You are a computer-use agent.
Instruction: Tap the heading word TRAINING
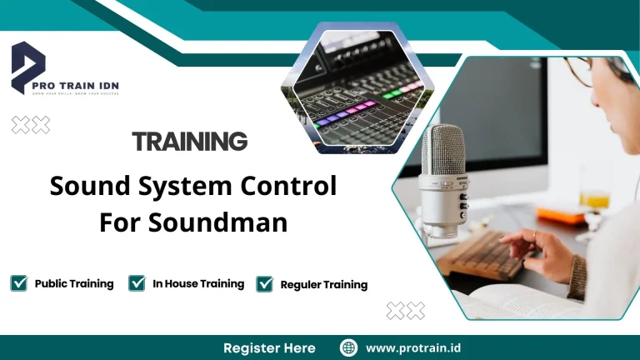click(190, 141)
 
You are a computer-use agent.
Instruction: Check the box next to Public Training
click(19, 283)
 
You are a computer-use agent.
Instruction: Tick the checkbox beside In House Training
click(137, 283)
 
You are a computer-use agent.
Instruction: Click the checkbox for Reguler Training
click(265, 284)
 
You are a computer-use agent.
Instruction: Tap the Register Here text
click(269, 347)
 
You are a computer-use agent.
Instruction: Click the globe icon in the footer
click(349, 347)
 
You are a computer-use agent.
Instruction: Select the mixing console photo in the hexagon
click(354, 92)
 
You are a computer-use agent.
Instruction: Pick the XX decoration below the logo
click(31, 125)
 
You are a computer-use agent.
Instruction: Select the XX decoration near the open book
click(406, 311)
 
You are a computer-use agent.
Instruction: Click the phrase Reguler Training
click(323, 284)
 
